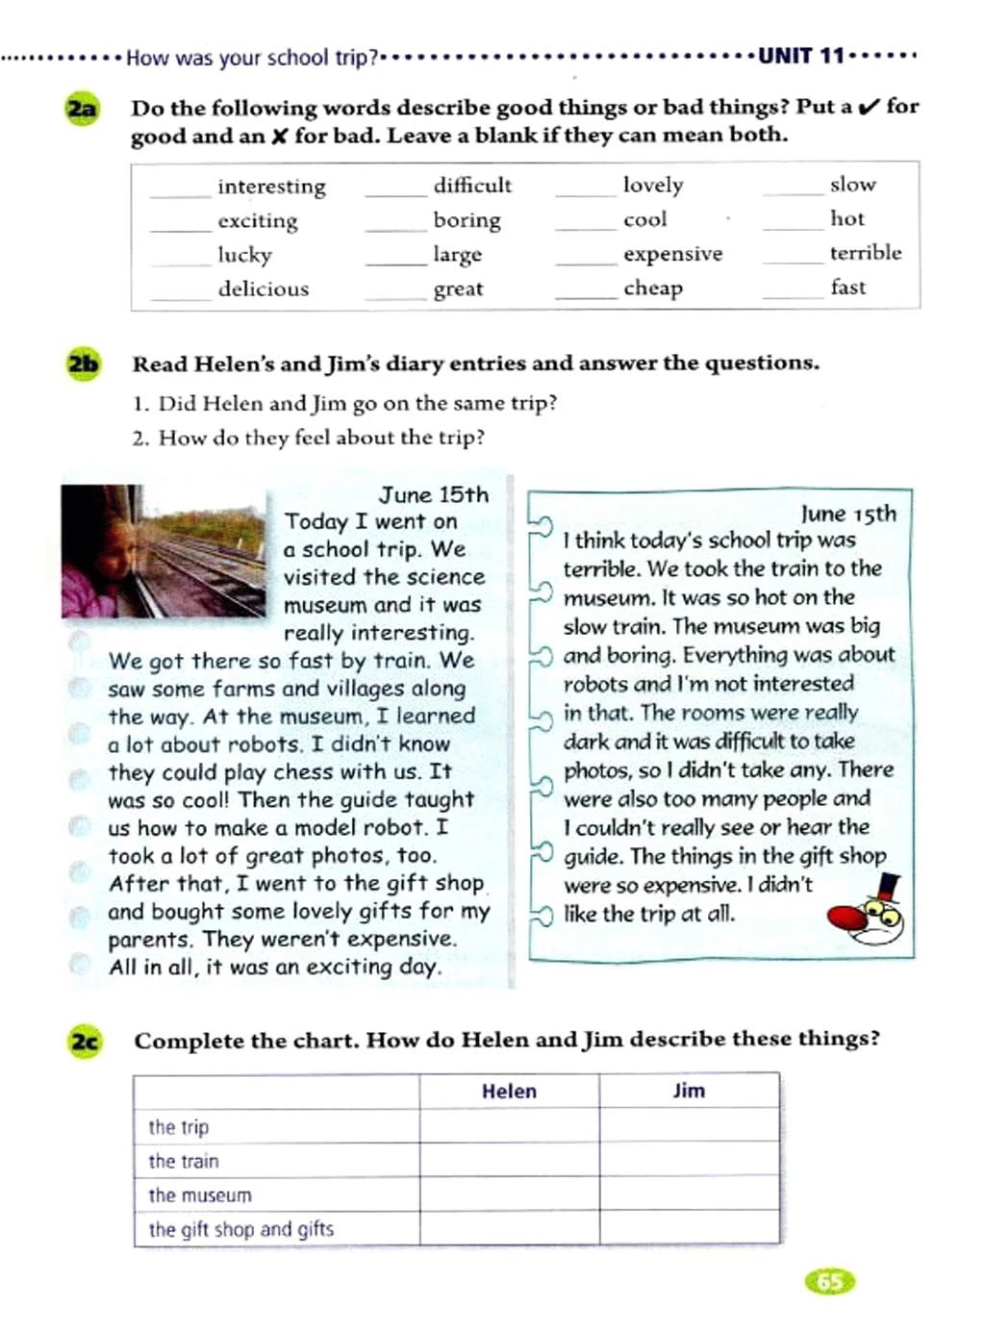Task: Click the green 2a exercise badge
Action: point(82,109)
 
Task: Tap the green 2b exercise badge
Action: point(84,364)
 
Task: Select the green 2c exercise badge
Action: point(85,1041)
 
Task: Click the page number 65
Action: point(829,1281)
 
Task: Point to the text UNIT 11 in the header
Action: point(800,56)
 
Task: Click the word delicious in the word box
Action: point(264,289)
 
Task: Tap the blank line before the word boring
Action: point(394,228)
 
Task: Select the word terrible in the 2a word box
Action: point(866,253)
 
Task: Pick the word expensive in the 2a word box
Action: point(672,254)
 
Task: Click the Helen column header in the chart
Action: point(509,1091)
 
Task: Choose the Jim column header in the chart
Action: point(689,1091)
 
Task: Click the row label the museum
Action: point(200,1196)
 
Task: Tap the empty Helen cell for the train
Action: point(509,1160)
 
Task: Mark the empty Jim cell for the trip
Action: point(689,1125)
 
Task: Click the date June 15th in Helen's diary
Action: point(433,494)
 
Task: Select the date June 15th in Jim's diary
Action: point(847,514)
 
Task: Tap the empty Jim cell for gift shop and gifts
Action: point(689,1228)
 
